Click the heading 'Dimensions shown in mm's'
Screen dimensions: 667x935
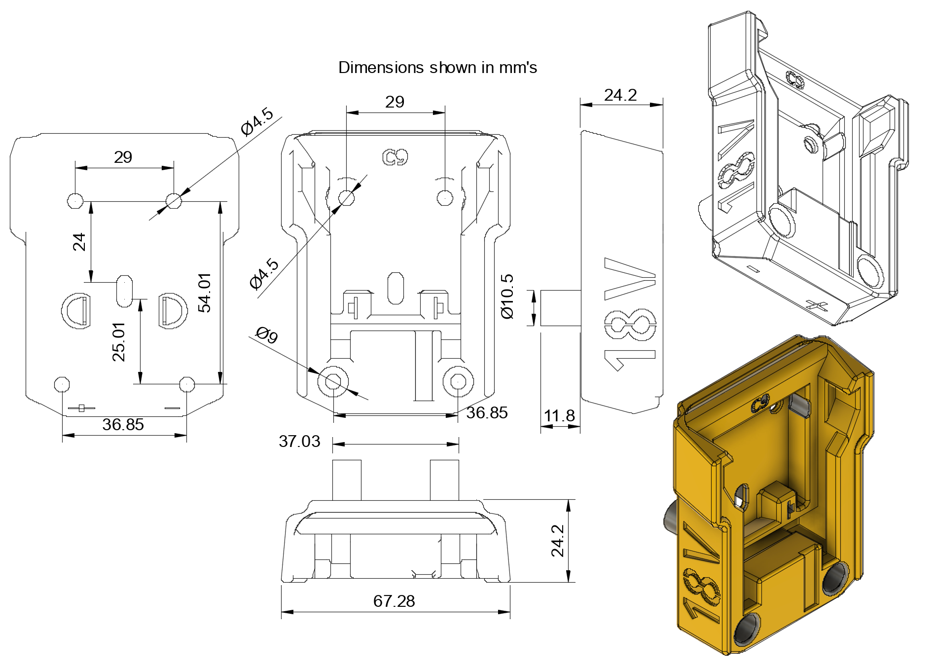click(437, 68)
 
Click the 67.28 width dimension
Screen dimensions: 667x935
click(394, 601)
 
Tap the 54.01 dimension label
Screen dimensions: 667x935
click(204, 293)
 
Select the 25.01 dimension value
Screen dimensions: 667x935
click(119, 342)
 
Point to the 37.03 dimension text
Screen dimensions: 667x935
click(299, 441)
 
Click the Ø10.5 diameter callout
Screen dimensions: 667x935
click(507, 296)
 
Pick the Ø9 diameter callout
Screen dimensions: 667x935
click(267, 335)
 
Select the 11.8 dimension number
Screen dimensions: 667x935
click(559, 416)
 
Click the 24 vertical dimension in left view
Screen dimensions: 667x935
click(79, 242)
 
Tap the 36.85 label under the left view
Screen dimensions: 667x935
click(123, 424)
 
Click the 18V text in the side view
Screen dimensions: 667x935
click(630, 314)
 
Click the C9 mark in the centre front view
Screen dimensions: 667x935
click(396, 157)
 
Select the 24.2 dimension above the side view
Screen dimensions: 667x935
click(620, 95)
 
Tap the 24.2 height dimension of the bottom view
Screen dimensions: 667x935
click(558, 541)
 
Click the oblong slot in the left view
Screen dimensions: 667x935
click(124, 291)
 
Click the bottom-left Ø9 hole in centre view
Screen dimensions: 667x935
click(333, 381)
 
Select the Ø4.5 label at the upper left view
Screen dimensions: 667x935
click(257, 121)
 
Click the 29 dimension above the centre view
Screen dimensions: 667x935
click(395, 102)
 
